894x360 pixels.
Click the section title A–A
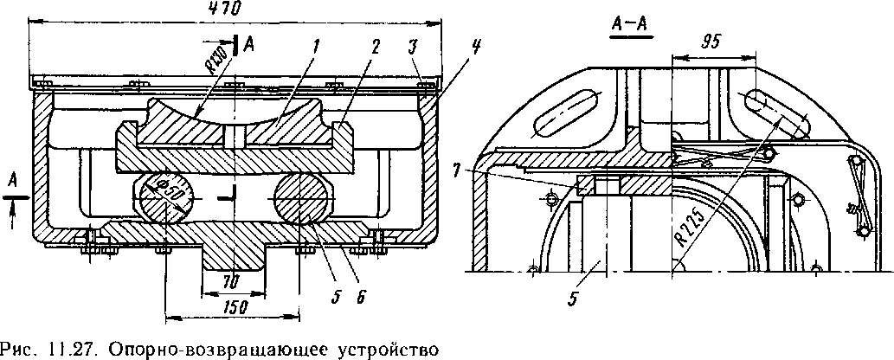631,26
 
